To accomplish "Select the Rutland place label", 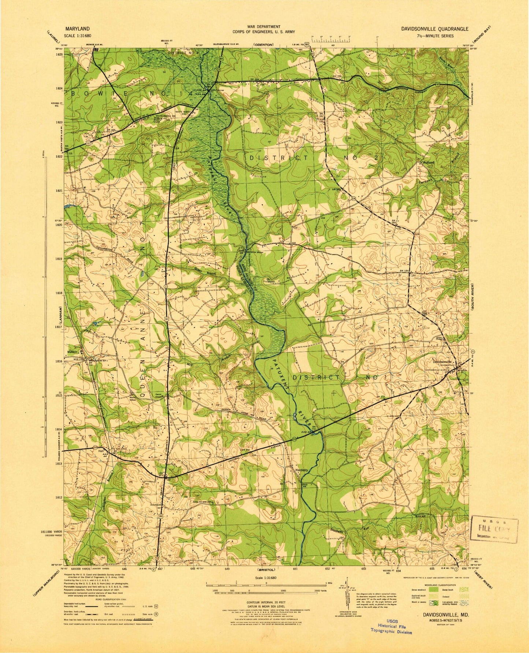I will click(x=429, y=162).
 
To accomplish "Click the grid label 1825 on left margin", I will click(x=60, y=54).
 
